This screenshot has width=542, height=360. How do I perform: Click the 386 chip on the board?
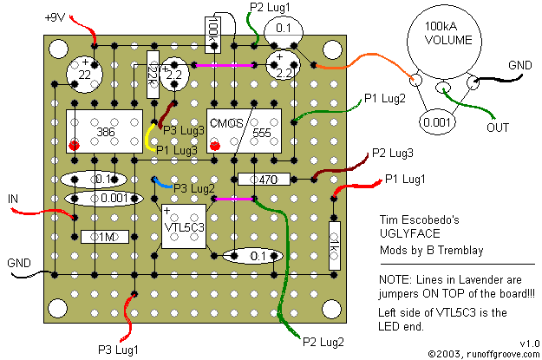(104, 133)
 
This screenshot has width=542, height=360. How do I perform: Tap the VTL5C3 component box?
(185, 226)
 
